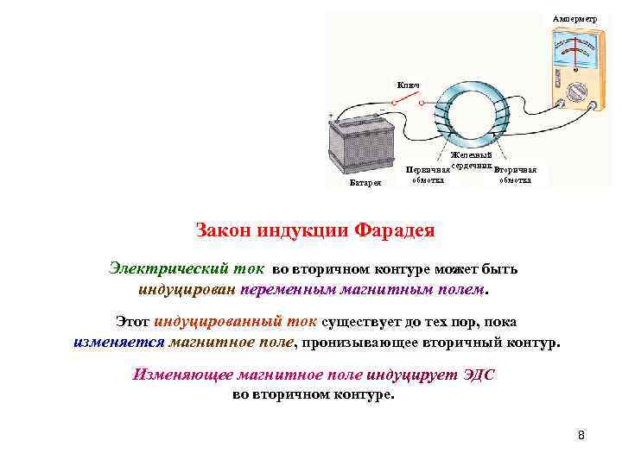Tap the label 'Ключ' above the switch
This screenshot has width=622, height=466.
coord(408,85)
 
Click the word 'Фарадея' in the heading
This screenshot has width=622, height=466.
coord(388,230)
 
